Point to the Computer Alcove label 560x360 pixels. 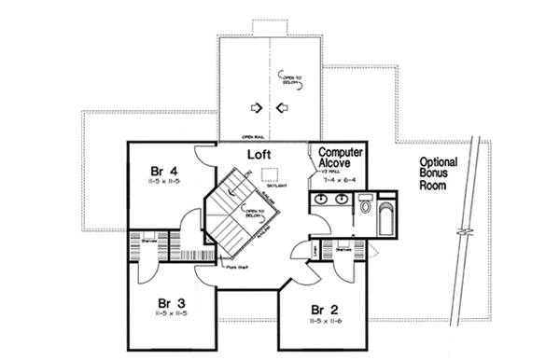pyautogui.click(x=341, y=158)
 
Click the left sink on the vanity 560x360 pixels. pyautogui.click(x=322, y=200)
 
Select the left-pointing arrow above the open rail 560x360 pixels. pyautogui.click(x=282, y=108)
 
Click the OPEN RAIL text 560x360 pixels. pyautogui.click(x=249, y=135)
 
